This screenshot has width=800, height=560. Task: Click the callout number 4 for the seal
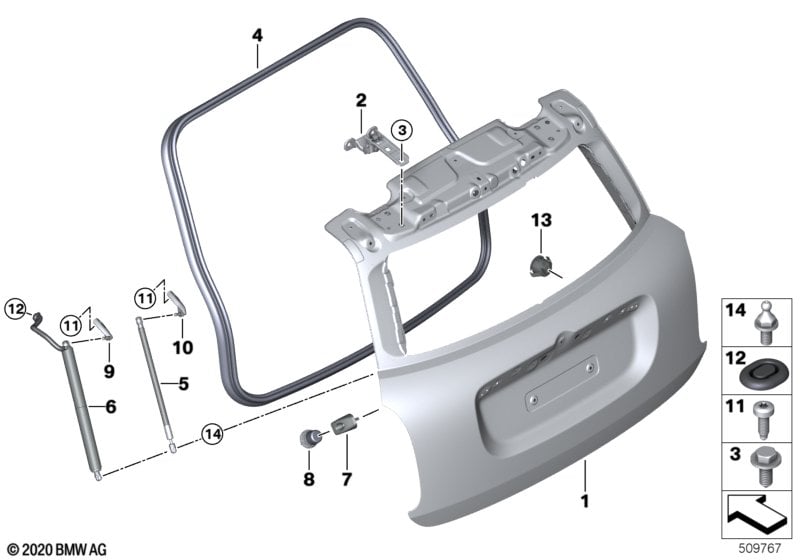(x=258, y=36)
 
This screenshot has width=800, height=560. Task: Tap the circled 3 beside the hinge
(x=402, y=130)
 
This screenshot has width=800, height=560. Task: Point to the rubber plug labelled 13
(x=541, y=266)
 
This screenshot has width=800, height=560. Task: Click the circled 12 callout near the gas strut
(x=16, y=309)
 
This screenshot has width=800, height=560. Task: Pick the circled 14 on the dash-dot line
(x=212, y=434)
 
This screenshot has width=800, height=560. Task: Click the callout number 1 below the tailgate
(x=585, y=501)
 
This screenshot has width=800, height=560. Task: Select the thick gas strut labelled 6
(x=82, y=406)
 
